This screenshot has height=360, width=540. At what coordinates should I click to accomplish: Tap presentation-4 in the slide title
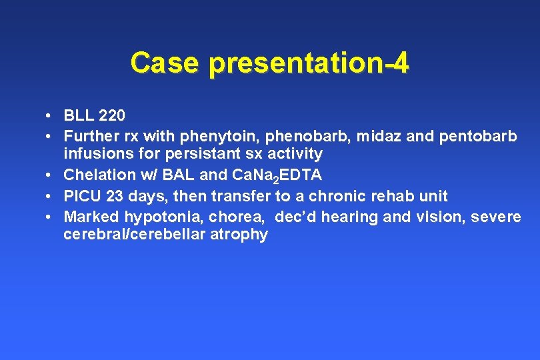point(309,63)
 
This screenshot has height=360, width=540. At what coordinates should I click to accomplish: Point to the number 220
point(111,116)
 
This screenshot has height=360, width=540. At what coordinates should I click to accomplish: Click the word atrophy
point(238,235)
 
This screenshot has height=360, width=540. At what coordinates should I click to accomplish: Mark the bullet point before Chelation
point(50,175)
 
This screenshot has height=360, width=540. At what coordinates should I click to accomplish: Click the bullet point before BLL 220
point(50,116)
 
